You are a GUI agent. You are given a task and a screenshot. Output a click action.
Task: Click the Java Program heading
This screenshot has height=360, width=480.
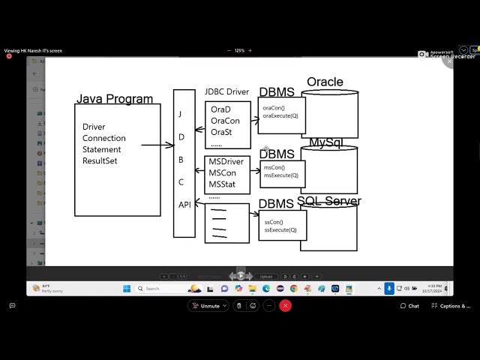pyautogui.click(x=114, y=99)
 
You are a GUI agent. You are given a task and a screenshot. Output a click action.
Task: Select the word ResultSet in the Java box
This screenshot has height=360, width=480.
pyautogui.click(x=100, y=160)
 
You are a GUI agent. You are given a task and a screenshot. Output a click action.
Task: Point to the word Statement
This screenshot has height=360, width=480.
pyautogui.click(x=102, y=149)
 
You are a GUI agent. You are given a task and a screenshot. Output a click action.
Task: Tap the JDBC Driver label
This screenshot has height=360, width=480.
pyautogui.click(x=226, y=92)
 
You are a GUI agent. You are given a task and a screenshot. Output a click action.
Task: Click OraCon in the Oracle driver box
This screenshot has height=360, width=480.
pyautogui.click(x=225, y=121)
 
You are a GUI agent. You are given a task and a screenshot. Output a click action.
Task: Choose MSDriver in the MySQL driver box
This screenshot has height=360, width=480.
pyautogui.click(x=226, y=162)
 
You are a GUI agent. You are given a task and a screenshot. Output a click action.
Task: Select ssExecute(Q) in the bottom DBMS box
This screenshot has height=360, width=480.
pyautogui.click(x=280, y=230)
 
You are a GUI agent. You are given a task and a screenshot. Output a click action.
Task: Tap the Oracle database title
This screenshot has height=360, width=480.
pyautogui.click(x=325, y=82)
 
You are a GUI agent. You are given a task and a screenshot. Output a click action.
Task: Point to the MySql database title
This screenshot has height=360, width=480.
pyautogui.click(x=325, y=142)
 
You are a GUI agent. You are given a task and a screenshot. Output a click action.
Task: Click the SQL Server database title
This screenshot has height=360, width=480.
pyautogui.click(x=328, y=201)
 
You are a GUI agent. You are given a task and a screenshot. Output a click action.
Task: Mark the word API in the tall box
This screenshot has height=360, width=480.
pyautogui.click(x=184, y=205)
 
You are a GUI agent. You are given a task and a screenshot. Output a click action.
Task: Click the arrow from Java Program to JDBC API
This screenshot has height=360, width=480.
pyautogui.click(x=157, y=145)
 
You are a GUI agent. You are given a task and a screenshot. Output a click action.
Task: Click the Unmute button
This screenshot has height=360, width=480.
pyautogui.click(x=207, y=306)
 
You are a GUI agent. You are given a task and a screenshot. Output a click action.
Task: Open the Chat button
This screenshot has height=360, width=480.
pyautogui.click(x=409, y=306)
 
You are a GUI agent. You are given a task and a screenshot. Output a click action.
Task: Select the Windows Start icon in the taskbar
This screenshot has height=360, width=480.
pyautogui.click(x=127, y=289)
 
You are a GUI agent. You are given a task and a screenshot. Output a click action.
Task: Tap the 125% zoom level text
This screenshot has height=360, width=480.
pyautogui.click(x=240, y=50)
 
